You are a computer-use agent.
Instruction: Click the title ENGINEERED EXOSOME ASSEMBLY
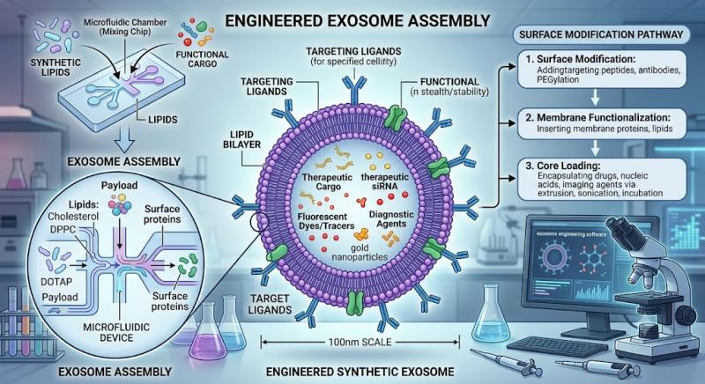click(x=358, y=20)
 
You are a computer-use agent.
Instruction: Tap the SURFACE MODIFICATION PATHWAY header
click(x=601, y=34)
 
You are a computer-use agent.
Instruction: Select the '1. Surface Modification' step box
click(x=602, y=70)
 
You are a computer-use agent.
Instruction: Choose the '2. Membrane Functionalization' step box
click(x=602, y=123)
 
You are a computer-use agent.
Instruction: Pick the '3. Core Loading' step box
click(x=602, y=179)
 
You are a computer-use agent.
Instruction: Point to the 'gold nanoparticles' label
click(x=360, y=253)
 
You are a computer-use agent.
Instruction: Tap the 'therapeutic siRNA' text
click(x=384, y=181)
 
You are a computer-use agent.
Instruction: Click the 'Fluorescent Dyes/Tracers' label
click(x=326, y=221)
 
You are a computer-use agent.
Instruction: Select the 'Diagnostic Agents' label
click(x=391, y=218)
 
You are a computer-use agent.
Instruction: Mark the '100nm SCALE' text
click(x=360, y=343)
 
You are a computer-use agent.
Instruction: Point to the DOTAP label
click(x=56, y=282)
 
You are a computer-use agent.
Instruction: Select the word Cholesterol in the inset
click(x=73, y=216)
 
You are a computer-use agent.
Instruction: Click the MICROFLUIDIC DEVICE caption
click(x=116, y=332)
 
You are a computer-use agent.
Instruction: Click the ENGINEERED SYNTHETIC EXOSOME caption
click(x=360, y=372)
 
